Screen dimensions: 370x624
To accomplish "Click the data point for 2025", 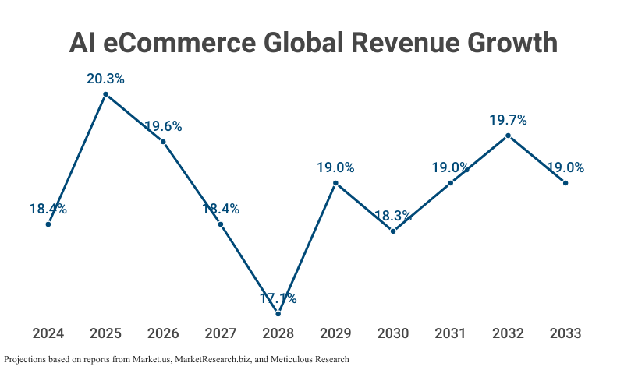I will tap(105, 94).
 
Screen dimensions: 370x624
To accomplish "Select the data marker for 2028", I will tap(278, 313).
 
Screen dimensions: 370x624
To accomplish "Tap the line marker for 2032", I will tap(508, 136).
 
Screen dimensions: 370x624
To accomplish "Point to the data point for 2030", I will tap(393, 231).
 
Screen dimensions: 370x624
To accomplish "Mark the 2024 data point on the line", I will tap(48, 224).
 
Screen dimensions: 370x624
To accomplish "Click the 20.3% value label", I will tap(105, 79).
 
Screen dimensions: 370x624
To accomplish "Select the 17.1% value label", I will tap(278, 298).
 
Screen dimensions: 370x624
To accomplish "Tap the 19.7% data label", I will tap(508, 120).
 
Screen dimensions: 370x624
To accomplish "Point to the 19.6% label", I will tap(163, 126).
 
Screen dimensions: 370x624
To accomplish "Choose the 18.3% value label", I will tap(393, 216).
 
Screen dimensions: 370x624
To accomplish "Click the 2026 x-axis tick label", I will tap(163, 333).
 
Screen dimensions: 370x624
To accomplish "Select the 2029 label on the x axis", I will tap(335, 333).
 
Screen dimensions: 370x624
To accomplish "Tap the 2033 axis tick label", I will tap(565, 333).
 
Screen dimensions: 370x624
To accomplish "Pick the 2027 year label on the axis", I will tap(221, 333).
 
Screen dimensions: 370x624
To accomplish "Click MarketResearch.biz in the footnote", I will tap(211, 359).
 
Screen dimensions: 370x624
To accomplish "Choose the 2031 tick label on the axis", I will tap(451, 333).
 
